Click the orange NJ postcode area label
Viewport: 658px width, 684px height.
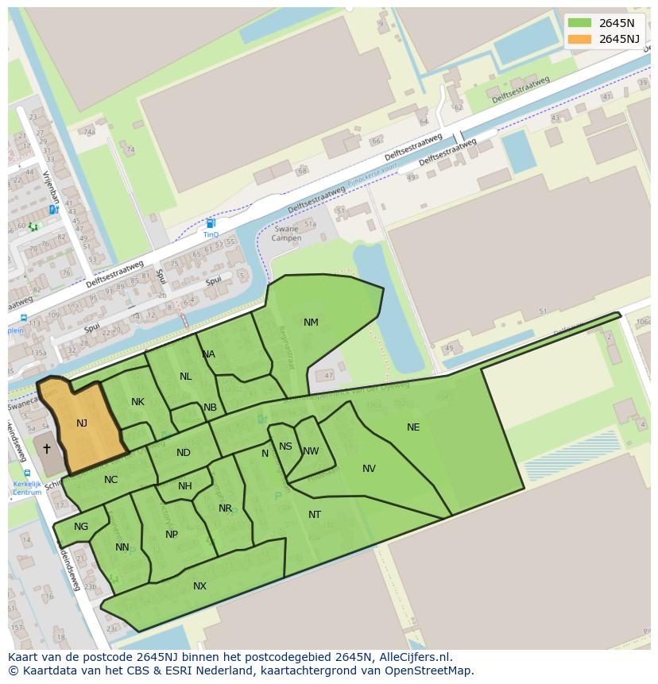click(x=82, y=423)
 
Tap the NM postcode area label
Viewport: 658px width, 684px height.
click(x=311, y=323)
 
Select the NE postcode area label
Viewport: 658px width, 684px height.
click(x=413, y=427)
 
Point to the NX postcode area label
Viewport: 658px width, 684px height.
click(x=199, y=586)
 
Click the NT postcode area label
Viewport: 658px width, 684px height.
click(x=315, y=515)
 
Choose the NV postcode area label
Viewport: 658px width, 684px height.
click(x=369, y=469)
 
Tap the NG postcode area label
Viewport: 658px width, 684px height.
click(x=81, y=527)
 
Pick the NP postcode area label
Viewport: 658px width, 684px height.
click(x=172, y=535)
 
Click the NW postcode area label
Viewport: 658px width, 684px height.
click(x=311, y=451)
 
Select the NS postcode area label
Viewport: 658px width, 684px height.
click(x=285, y=446)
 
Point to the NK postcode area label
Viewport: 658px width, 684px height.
click(x=137, y=402)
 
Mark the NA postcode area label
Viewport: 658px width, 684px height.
click(x=208, y=354)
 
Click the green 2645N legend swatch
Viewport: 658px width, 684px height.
click(x=580, y=23)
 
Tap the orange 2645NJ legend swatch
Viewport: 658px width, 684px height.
click(x=580, y=39)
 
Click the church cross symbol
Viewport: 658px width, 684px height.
click(x=47, y=449)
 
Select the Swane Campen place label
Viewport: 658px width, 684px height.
click(x=286, y=234)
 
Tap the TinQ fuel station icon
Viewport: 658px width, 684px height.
click(x=211, y=224)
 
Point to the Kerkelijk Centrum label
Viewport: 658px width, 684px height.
click(x=26, y=488)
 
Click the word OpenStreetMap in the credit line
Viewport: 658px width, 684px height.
click(x=432, y=670)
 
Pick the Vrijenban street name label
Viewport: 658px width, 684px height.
click(x=52, y=187)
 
